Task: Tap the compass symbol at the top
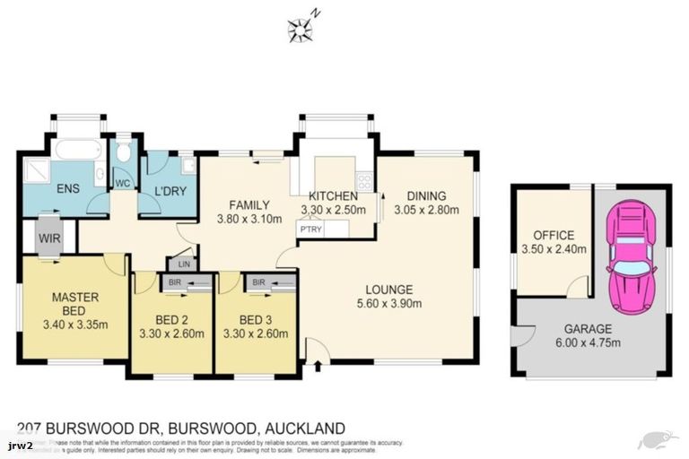[300, 30]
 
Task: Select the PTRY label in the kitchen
[310, 229]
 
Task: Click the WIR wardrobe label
[48, 238]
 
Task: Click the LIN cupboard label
[184, 264]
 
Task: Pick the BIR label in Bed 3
[257, 282]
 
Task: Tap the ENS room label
[69, 190]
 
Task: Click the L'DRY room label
[169, 191]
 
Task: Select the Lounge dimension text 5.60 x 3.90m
[388, 303]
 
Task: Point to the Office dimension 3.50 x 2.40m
[553, 249]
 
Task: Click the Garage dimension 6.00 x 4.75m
[588, 342]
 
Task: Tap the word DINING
[428, 196]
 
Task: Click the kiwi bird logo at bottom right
[654, 440]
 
